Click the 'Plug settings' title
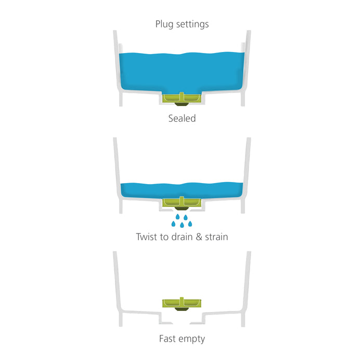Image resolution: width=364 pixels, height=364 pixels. click(x=182, y=24)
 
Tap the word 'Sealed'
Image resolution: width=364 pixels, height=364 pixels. click(x=182, y=119)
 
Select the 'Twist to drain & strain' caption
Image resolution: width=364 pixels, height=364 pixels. click(x=182, y=237)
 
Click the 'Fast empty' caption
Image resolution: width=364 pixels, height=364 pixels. click(x=182, y=339)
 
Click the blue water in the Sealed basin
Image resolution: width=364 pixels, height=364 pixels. click(x=182, y=70)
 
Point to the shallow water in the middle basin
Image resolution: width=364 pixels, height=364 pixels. click(x=156, y=190)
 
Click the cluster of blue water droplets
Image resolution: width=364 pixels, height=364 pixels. click(x=182, y=220)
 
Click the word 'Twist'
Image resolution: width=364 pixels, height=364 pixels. click(x=148, y=237)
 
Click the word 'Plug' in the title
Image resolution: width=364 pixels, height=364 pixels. click(x=164, y=24)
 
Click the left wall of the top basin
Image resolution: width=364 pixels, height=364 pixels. click(x=118, y=68)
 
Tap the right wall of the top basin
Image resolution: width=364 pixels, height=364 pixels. click(x=246, y=68)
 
